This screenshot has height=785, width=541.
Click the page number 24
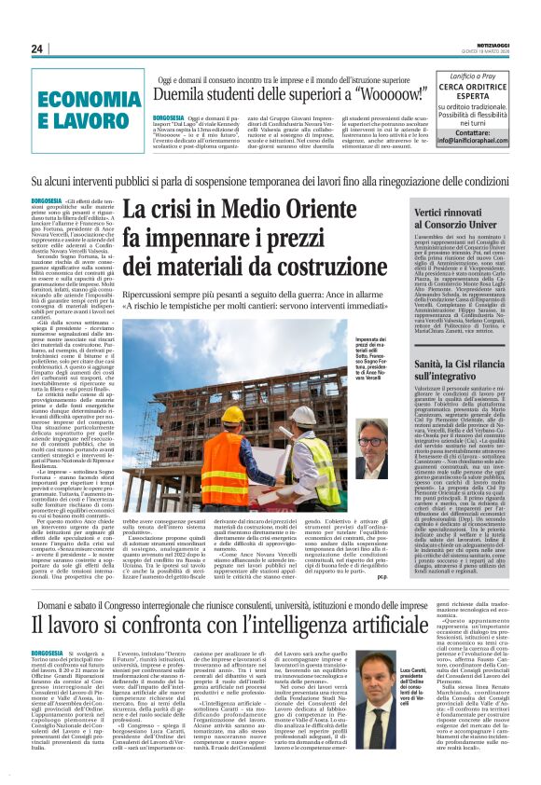(36, 48)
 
